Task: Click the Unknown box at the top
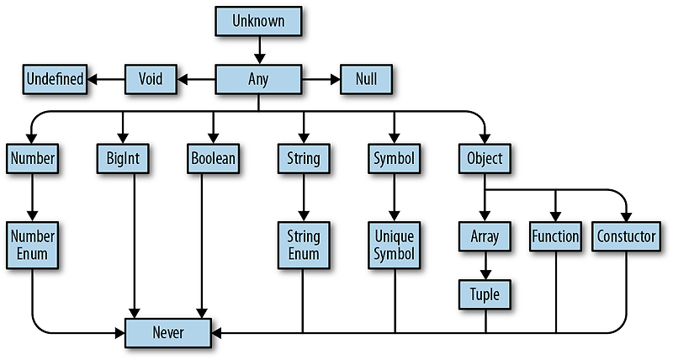258,21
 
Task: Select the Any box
258,80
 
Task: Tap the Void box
151,80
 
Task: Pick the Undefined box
55,80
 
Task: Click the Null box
366,80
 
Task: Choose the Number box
32,157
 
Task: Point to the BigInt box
123,157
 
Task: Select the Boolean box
212,157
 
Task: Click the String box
303,157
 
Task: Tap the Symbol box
394,157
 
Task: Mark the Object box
485,157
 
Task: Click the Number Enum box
32,244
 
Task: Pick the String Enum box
303,244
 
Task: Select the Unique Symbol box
394,244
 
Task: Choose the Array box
485,236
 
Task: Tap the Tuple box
485,294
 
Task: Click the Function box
555,236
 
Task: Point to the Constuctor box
625,236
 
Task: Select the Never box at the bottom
167,332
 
